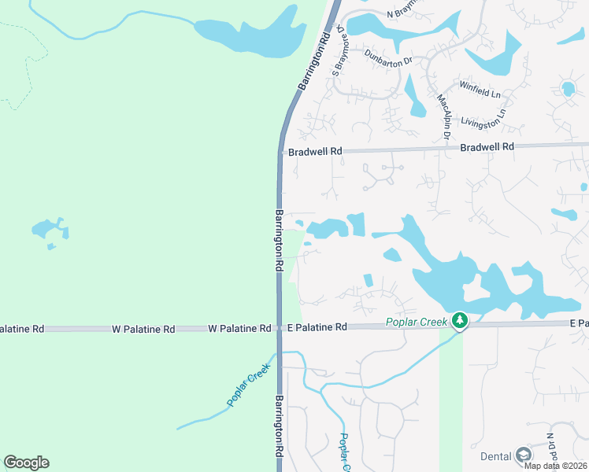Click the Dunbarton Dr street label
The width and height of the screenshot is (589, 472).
coord(389,57)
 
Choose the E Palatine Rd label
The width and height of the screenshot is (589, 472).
coord(317,327)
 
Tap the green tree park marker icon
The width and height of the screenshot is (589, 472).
coord(460,320)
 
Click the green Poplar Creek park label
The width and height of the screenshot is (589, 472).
coord(417,321)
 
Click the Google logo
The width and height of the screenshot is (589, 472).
coord(26,463)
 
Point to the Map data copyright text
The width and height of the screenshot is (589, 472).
coord(554,466)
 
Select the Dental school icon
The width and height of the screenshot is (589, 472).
coord(524,455)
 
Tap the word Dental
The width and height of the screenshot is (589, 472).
coord(495,456)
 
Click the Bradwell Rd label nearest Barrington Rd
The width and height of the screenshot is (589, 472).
coord(315,151)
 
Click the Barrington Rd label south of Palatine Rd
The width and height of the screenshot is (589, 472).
coord(280,427)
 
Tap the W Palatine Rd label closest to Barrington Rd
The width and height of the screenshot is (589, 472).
coord(240,328)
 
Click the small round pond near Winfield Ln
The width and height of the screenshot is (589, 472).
coord(567,87)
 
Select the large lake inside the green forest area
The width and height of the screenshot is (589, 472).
coord(250,32)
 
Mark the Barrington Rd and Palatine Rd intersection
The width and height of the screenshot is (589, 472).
coord(279,327)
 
